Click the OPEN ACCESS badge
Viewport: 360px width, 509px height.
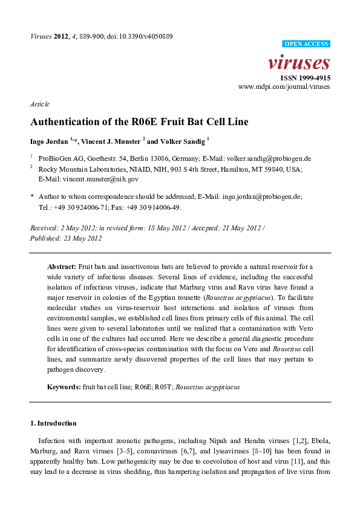point(306,44)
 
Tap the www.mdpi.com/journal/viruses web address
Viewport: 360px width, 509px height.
point(284,88)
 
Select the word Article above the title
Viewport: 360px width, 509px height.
point(40,105)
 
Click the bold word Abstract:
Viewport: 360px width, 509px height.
point(61,267)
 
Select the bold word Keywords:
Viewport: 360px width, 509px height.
point(64,386)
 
